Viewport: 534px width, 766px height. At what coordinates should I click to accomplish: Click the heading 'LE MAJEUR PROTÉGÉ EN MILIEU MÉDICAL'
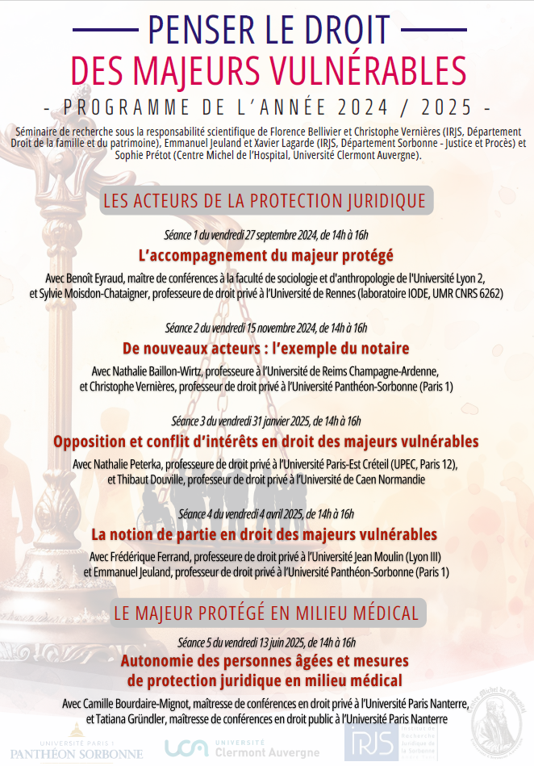(266, 612)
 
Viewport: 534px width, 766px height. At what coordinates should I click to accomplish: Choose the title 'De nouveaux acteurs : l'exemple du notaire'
(266, 349)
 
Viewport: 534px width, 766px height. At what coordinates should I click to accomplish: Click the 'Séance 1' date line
(266, 235)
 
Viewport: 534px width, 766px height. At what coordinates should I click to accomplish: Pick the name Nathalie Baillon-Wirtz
(164, 370)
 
